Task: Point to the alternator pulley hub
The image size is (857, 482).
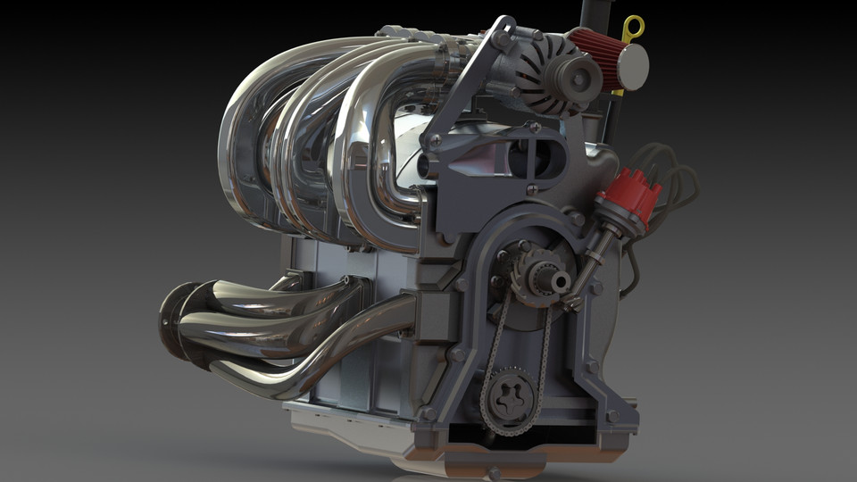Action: click(581, 79)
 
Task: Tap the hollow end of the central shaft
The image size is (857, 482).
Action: click(560, 282)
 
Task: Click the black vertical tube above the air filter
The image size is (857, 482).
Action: click(593, 13)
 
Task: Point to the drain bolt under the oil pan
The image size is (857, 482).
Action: click(492, 472)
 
